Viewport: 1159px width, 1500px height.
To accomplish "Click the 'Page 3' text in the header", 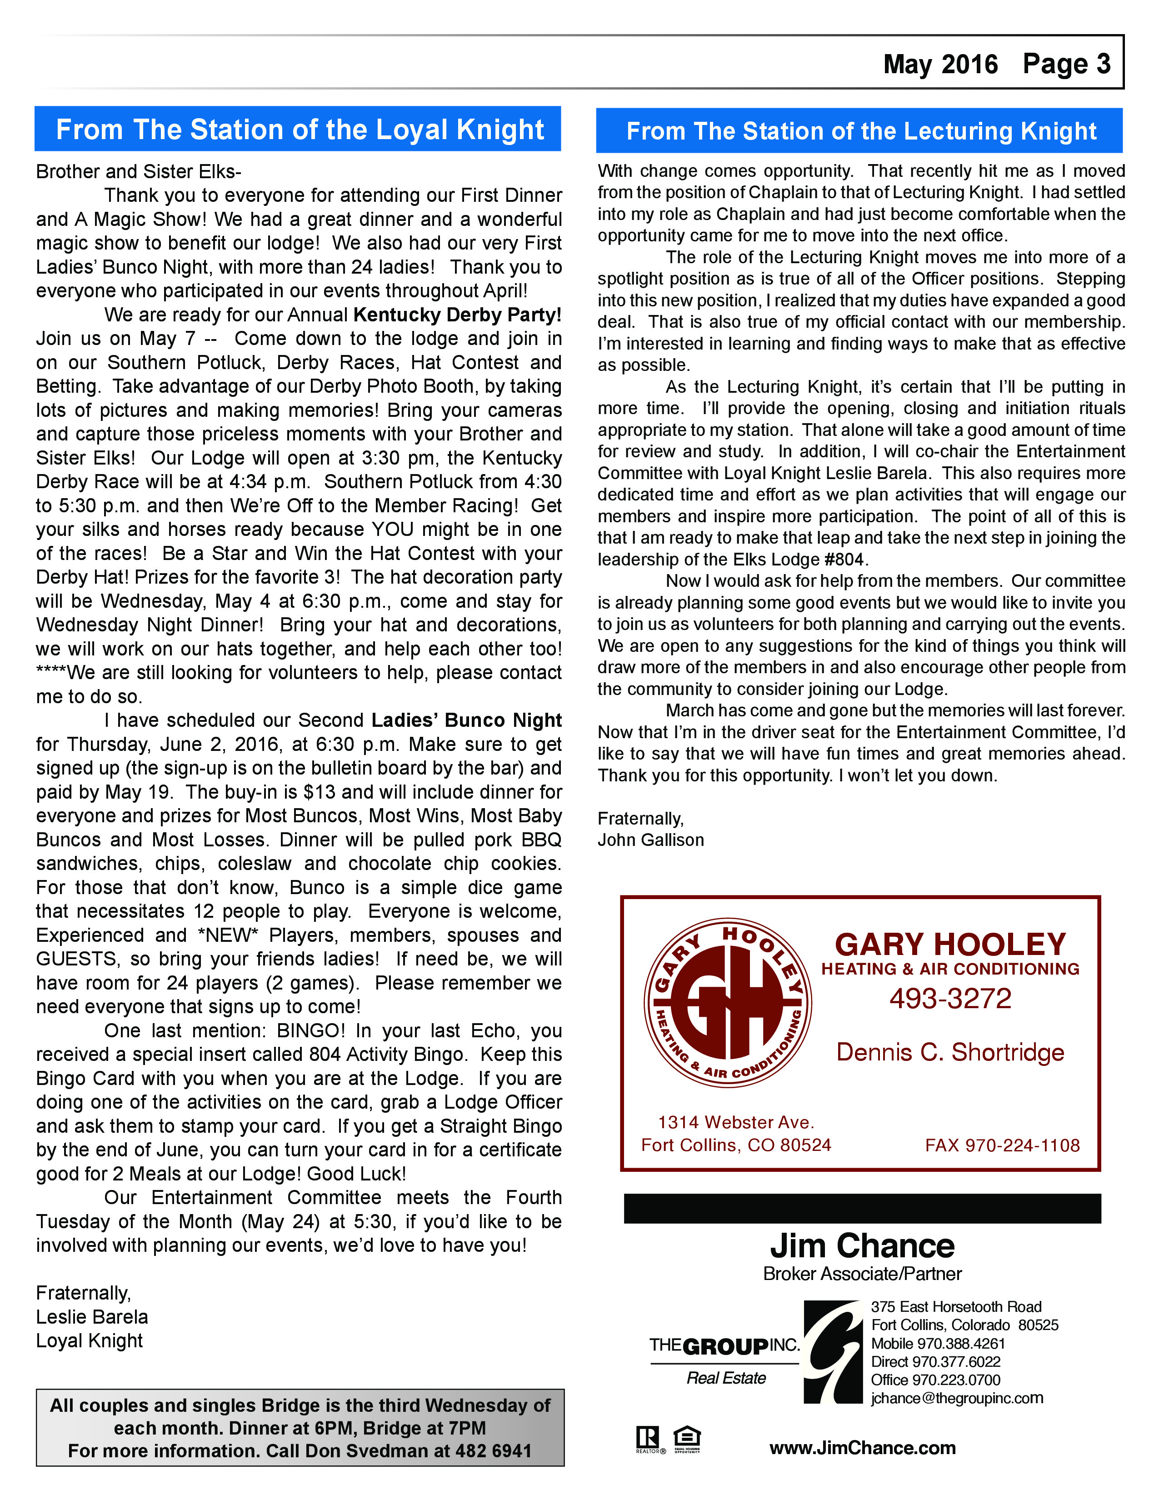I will pos(1066,64).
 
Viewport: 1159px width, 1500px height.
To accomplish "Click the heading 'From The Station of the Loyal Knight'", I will pos(300,130).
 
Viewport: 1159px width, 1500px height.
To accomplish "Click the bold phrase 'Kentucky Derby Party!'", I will pos(457,315).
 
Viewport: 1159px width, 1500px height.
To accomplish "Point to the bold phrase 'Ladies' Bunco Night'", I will pos(466,720).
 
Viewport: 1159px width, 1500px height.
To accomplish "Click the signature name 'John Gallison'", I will pos(650,840).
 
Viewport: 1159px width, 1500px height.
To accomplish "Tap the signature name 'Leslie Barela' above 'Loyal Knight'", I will pos(92,1317).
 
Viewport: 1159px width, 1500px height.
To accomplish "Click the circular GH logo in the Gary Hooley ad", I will pos(727,1004).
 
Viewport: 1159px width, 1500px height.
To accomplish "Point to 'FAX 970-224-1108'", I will pos(1002,1145).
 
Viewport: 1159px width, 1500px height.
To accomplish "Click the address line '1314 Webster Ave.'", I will pos(735,1122).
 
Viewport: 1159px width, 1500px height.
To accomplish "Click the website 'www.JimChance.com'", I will pos(862,1448).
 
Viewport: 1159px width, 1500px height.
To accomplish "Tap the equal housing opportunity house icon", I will pos(687,1437).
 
